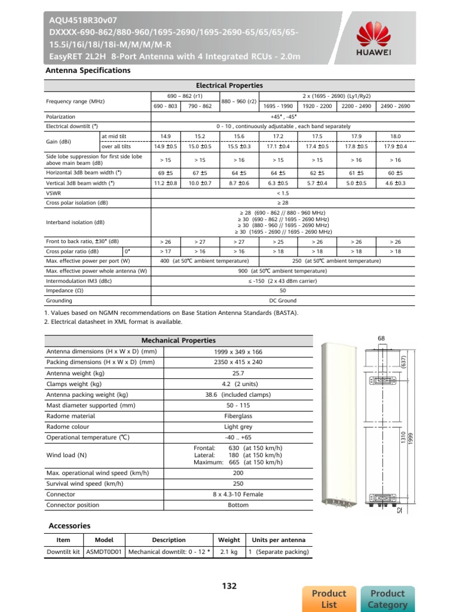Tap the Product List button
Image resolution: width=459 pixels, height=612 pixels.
(x=329, y=598)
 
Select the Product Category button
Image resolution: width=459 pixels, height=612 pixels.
(x=388, y=598)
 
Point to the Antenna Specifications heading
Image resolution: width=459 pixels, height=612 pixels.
(x=88, y=71)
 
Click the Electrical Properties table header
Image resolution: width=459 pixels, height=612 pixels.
(x=229, y=85)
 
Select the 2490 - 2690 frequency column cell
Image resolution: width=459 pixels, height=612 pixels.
(x=395, y=106)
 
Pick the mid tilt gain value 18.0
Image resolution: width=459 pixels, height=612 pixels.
(x=395, y=136)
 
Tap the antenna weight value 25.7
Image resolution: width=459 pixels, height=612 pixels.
(x=238, y=373)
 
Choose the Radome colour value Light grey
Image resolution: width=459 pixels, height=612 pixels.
(x=238, y=427)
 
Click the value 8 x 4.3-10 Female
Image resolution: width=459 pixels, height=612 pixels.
(x=238, y=494)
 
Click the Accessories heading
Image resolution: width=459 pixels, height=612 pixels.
(x=69, y=526)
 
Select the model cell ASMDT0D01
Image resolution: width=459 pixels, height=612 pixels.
(x=105, y=552)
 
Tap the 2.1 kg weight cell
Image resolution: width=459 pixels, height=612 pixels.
(x=229, y=552)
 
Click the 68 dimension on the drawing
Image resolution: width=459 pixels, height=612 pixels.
(x=382, y=339)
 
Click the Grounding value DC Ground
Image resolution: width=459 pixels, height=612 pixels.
(x=283, y=301)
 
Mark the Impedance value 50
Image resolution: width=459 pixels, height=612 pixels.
(x=283, y=290)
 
